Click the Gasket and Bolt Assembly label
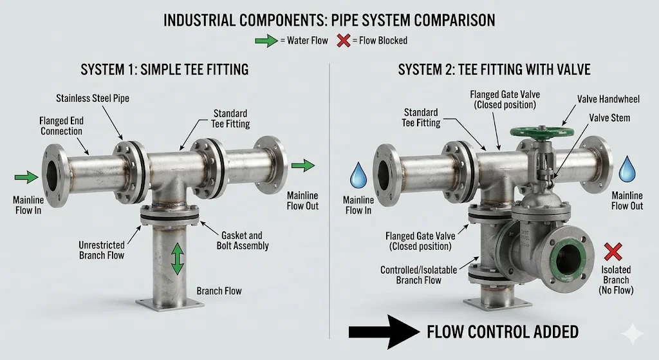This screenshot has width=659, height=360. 243,240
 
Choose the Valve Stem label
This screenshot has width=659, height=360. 609,118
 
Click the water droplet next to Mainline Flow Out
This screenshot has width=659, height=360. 627,171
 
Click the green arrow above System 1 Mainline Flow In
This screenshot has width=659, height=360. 26,176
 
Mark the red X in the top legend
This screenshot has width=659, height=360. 344,41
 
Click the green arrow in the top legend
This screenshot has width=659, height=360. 265,41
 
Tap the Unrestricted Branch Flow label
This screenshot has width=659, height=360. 102,250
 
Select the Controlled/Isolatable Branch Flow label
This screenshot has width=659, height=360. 419,275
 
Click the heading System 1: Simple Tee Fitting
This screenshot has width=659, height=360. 164,69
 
